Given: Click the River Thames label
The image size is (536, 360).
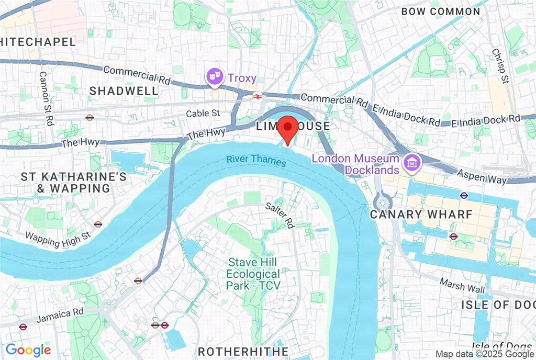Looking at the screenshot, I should [256, 161].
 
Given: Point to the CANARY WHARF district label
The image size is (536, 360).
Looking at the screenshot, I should [421, 215].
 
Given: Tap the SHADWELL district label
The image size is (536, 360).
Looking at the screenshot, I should [124, 91].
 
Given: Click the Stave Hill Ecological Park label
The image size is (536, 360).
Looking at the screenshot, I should [253, 273].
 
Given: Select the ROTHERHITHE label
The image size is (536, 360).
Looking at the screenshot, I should [243, 351].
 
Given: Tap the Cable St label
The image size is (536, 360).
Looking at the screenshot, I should [203, 114].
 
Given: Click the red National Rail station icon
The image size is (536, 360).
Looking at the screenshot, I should [257, 96].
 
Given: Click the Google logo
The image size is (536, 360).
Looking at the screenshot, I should [28, 350].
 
